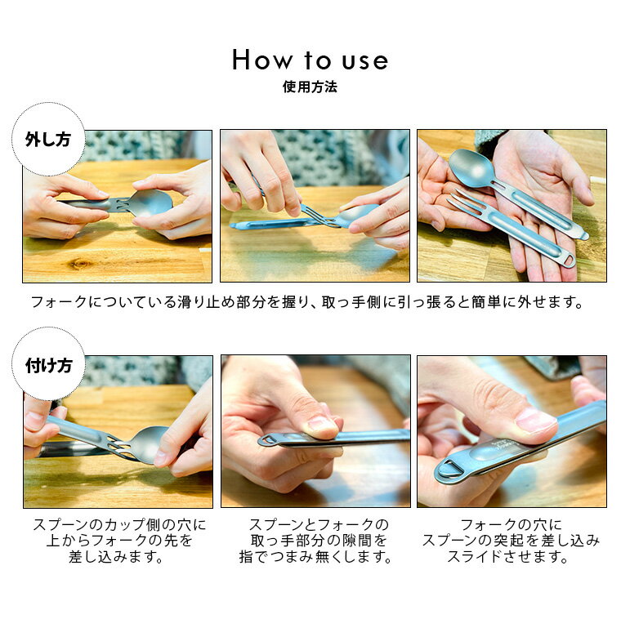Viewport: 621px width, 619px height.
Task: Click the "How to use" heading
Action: click(x=310, y=60)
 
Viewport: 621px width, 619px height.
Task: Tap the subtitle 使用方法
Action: click(x=310, y=87)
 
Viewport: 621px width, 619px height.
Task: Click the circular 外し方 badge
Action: click(x=48, y=140)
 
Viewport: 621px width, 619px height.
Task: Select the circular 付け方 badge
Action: click(x=48, y=364)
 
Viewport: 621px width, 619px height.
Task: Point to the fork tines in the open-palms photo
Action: click(x=466, y=201)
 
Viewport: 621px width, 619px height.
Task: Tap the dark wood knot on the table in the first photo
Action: click(x=79, y=263)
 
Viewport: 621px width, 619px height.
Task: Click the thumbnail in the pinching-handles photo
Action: click(x=322, y=425)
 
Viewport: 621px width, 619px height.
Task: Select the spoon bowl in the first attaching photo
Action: click(x=150, y=444)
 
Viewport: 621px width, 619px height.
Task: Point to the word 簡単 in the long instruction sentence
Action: click(x=486, y=302)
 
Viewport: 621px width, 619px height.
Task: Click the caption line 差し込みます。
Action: click(x=116, y=557)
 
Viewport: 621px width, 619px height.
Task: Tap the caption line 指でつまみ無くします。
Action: click(x=315, y=557)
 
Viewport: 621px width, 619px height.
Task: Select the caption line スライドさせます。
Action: click(x=508, y=557)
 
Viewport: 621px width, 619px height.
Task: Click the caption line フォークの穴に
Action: click(x=512, y=525)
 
